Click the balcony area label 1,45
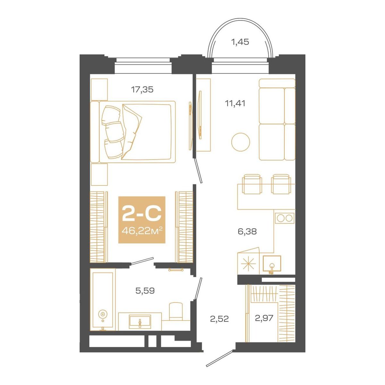(240, 42)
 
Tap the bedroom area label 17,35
(142, 90)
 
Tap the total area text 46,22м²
(142, 231)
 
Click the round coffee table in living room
(241, 141)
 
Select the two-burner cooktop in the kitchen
(285, 218)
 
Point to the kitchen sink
(272, 264)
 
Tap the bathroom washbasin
(140, 321)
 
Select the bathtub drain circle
(102, 314)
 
